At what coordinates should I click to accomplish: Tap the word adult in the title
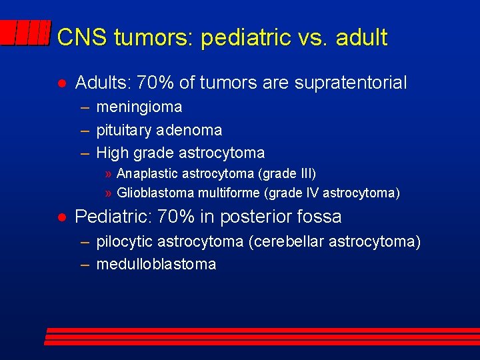361,37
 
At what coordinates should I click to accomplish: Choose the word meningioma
139,107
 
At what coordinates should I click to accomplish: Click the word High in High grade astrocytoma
112,153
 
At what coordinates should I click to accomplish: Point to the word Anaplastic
146,174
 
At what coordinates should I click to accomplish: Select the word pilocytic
123,241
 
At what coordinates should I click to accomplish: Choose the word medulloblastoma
156,264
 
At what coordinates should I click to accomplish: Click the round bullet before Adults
61,84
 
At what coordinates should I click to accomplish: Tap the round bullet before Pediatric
61,217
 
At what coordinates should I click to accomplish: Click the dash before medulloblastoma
85,264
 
